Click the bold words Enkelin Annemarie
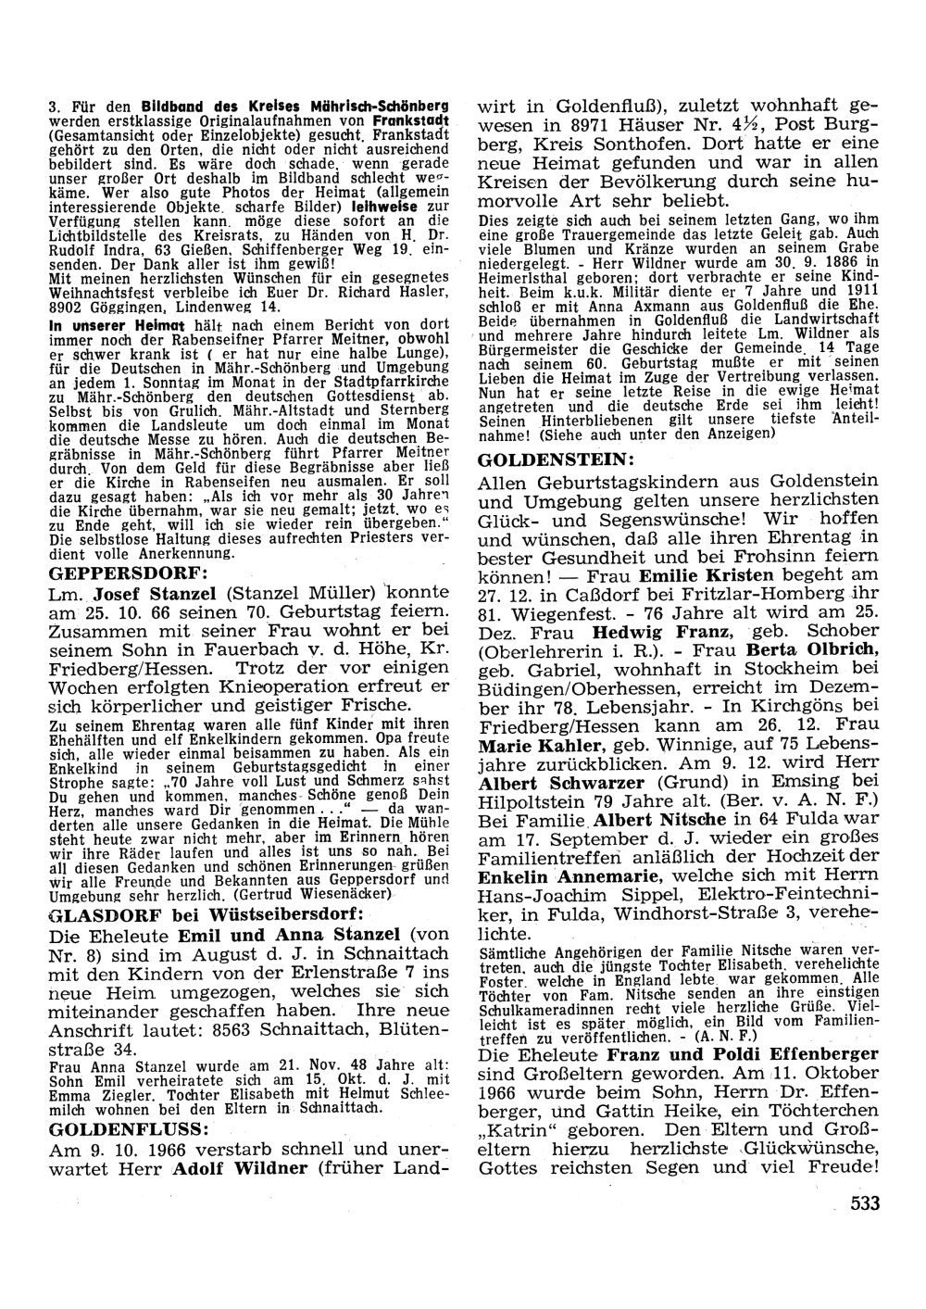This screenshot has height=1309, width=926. coord(569,876)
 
